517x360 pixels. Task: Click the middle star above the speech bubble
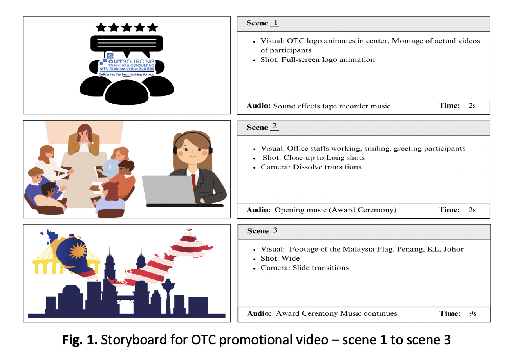(x=127, y=27)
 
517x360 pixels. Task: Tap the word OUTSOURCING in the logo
(x=131, y=61)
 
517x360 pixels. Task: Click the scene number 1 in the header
(x=275, y=22)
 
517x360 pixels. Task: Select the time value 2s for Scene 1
(x=472, y=105)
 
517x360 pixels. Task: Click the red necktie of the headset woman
(x=193, y=182)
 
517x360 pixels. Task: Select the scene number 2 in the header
(x=275, y=126)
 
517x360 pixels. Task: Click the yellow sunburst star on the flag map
(x=78, y=251)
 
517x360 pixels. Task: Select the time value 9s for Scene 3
(x=473, y=313)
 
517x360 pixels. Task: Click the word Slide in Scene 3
(x=300, y=268)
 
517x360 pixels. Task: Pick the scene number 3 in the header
(x=275, y=230)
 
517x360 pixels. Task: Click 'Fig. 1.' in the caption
(x=80, y=340)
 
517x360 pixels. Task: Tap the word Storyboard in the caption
(x=134, y=340)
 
